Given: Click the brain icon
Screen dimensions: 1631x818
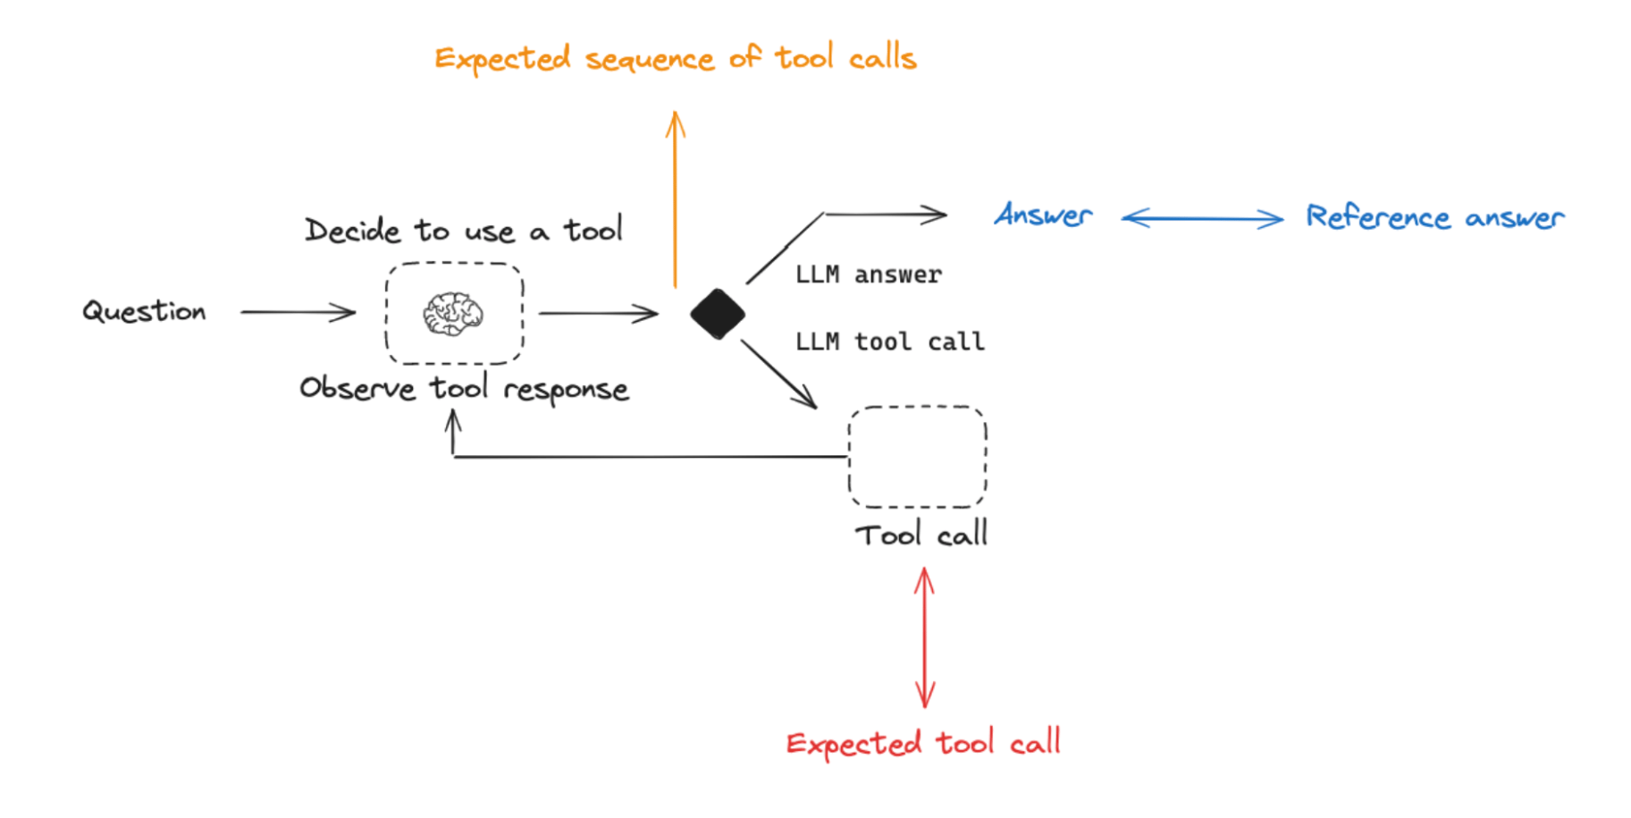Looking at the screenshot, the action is (x=453, y=314).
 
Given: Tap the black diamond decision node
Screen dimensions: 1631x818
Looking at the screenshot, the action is (x=718, y=314).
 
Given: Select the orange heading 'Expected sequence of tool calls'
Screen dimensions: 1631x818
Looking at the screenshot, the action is (x=676, y=58).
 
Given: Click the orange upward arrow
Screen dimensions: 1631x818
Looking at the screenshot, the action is (x=676, y=198).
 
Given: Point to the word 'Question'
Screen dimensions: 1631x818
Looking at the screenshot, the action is (x=144, y=311).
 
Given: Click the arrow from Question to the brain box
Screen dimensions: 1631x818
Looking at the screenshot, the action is (x=298, y=312).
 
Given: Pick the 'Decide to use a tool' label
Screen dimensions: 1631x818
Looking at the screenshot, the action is (x=463, y=230).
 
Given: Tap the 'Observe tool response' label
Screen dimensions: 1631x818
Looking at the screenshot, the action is (x=464, y=389).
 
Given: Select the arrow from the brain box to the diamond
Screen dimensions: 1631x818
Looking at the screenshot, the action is (x=599, y=313).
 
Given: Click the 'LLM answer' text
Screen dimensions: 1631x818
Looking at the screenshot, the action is (x=868, y=274).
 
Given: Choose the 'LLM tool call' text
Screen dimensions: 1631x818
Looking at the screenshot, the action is (x=889, y=342).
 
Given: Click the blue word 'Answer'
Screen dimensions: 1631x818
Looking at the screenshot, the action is (x=1043, y=215).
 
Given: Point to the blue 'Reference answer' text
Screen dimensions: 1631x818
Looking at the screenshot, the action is (x=1435, y=217).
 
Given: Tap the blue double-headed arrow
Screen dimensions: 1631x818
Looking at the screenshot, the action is (x=1202, y=218).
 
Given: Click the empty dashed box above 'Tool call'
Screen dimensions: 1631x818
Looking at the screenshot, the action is (x=917, y=408).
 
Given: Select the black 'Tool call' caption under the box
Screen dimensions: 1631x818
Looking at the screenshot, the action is (x=921, y=534).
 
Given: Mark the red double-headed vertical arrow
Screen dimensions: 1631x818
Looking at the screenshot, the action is (x=925, y=638).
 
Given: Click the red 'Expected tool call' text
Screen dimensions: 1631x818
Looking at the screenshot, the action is (x=923, y=743).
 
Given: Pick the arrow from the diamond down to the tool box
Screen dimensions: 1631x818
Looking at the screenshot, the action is (x=778, y=374).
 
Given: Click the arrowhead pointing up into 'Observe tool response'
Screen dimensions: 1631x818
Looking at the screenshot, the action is (x=454, y=420).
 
